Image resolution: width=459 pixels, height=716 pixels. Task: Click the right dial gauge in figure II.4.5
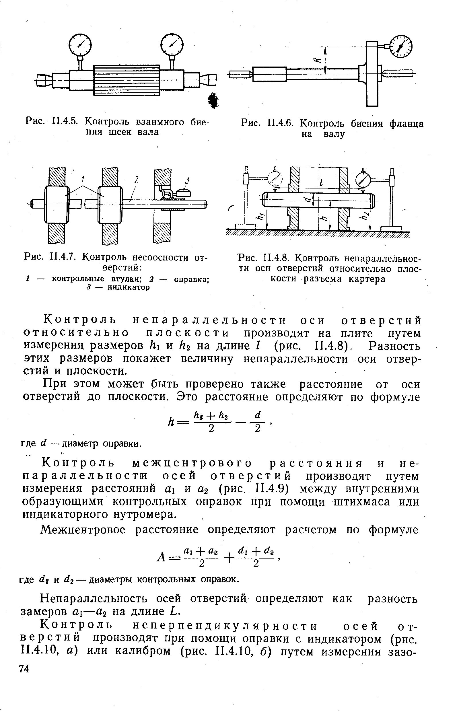(x=172, y=45)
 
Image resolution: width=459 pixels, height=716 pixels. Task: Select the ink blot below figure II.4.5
(x=213, y=100)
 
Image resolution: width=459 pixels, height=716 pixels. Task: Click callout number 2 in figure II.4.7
(x=136, y=180)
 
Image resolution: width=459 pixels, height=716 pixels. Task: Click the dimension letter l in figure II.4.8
(x=320, y=183)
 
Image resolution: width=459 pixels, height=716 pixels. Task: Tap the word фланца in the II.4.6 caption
(x=406, y=124)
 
